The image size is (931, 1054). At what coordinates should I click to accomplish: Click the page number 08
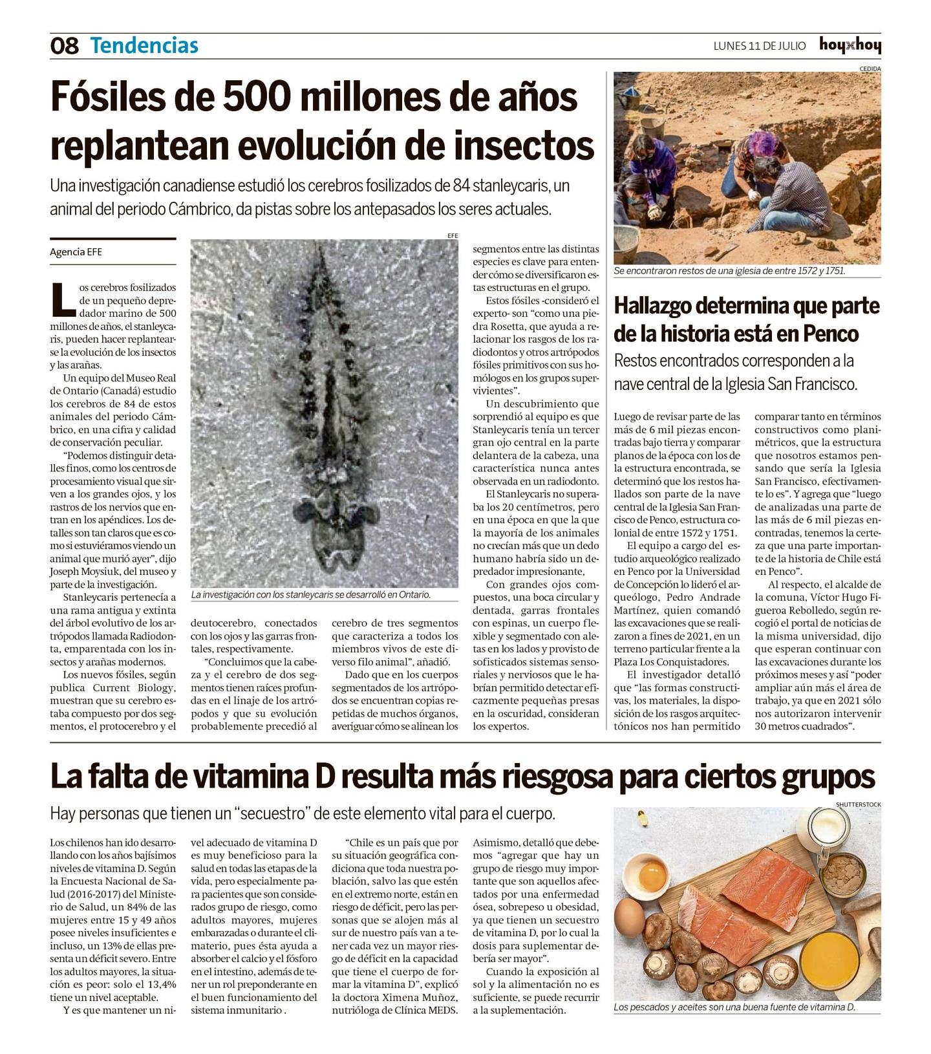click(64, 46)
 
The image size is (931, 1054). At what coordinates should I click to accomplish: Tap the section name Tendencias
click(144, 46)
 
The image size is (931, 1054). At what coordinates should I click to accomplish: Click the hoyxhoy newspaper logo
click(850, 45)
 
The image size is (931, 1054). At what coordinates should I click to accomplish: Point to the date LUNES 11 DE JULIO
click(760, 46)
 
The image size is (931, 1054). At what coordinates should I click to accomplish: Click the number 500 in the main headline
click(257, 97)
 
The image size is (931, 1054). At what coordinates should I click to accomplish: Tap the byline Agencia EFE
click(76, 252)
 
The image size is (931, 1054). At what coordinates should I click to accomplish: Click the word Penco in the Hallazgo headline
click(831, 334)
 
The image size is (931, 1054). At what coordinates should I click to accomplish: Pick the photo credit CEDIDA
click(870, 69)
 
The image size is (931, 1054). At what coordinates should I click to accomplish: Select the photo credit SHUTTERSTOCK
click(858, 804)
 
